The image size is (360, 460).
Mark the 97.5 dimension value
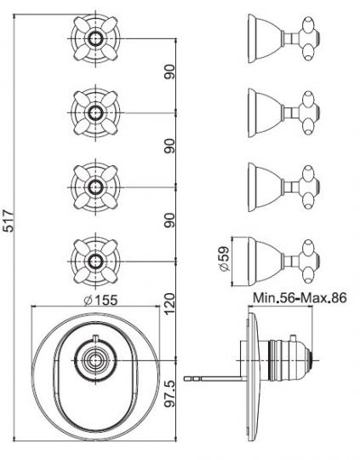point(171,394)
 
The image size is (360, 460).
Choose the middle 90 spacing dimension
point(171,147)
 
